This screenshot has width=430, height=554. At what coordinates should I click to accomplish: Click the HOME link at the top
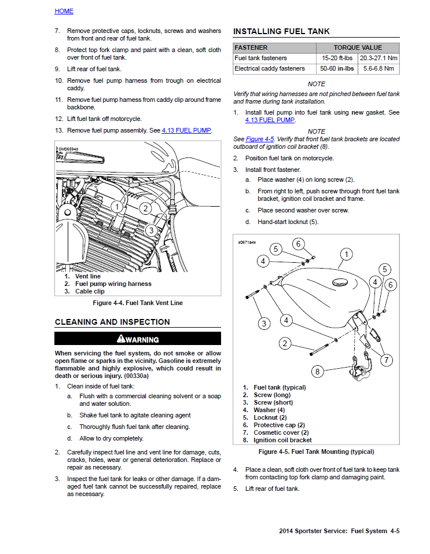(x=64, y=11)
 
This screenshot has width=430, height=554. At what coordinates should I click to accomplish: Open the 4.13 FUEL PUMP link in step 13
(x=186, y=130)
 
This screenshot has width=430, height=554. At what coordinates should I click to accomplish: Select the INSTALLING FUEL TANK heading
(x=281, y=31)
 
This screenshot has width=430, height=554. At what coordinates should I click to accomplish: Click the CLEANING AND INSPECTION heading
(x=112, y=322)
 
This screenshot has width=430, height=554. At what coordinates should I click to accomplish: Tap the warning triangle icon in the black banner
(x=120, y=339)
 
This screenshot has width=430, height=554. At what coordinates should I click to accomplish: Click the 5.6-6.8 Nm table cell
(x=378, y=69)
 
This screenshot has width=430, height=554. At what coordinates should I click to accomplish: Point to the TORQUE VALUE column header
(x=358, y=47)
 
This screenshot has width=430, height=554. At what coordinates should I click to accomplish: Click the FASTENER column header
(x=251, y=47)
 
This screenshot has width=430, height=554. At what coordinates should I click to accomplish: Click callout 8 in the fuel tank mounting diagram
(x=317, y=371)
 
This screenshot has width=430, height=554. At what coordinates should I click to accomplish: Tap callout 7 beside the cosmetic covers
(x=386, y=359)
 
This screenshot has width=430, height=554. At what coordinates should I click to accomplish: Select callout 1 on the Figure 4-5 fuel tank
(x=346, y=254)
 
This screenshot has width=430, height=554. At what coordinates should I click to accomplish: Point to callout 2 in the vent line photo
(x=145, y=208)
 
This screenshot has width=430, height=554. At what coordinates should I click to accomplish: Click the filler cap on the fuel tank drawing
(x=342, y=282)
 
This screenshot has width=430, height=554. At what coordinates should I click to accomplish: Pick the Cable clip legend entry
(x=89, y=291)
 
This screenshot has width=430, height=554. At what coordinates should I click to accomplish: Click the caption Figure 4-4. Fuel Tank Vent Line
(x=138, y=303)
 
